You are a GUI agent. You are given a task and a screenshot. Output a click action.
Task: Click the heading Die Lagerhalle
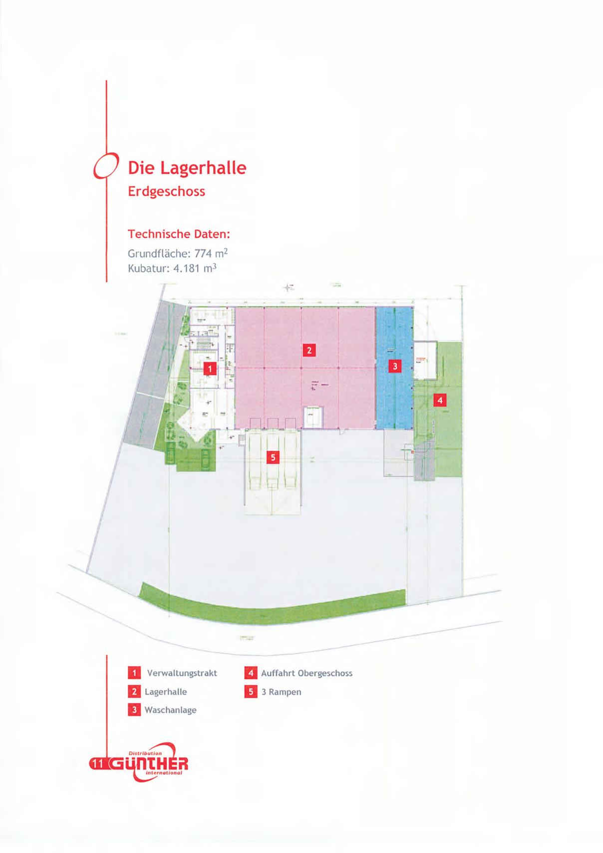187,168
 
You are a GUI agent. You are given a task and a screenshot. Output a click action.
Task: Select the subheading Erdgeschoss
166,191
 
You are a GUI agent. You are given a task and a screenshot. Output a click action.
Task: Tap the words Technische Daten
179,234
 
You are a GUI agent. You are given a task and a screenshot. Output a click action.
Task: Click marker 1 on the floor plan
211,369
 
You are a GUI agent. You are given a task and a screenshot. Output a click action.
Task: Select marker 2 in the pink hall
309,350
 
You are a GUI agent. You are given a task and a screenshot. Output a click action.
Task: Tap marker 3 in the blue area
395,367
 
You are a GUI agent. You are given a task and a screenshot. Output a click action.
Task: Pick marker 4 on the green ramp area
439,400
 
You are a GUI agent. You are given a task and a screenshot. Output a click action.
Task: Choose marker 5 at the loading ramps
272,457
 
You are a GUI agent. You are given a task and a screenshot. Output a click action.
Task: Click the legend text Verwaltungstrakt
182,673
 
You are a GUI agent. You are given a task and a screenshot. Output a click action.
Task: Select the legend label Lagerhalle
166,692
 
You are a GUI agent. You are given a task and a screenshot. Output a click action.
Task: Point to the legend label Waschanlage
170,710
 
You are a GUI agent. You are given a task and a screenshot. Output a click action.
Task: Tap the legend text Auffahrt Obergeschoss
306,673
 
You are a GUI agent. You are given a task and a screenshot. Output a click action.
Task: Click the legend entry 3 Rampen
281,692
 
